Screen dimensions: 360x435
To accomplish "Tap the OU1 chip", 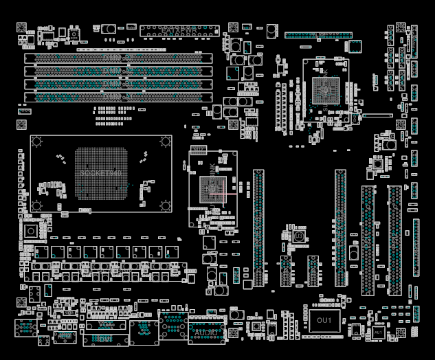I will pyautogui.click(x=324, y=320).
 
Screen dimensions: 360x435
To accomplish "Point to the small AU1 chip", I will pyautogui.click(x=379, y=332).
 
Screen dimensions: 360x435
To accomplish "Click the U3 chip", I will pyautogui.click(x=300, y=236).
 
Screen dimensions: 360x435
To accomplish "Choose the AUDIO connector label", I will pyautogui.click(x=206, y=333).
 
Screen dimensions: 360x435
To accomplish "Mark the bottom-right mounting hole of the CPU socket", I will pyautogui.click(x=165, y=205).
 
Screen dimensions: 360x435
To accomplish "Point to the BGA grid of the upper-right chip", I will pyautogui.click(x=325, y=89).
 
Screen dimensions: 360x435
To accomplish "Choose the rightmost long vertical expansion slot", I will pyautogui.click(x=394, y=240).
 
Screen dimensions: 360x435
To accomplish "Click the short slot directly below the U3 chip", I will pyautogui.click(x=286, y=271).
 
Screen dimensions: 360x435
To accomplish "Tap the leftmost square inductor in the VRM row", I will pyautogui.click(x=41, y=252).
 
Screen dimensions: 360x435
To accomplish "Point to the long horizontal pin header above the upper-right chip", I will pyautogui.click(x=315, y=35).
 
